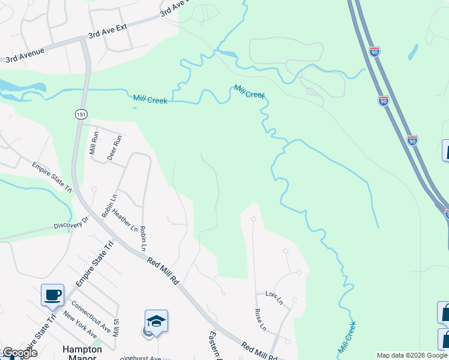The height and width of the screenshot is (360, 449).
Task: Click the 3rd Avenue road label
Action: coord(26,56)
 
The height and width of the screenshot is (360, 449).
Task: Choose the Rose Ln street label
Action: coord(260,319)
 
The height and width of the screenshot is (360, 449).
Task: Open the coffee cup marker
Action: coord(52,295)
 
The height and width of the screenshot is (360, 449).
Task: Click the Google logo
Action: coord(20,353)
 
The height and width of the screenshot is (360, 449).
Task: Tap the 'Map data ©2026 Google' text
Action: coord(412,355)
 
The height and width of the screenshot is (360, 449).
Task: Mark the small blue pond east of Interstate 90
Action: coord(413,52)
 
